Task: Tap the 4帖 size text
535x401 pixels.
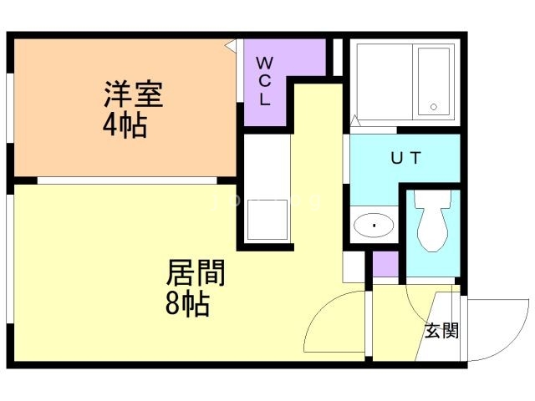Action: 126,126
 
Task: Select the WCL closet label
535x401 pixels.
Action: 263,80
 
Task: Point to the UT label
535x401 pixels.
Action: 405,157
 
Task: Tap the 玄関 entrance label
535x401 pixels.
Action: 441,331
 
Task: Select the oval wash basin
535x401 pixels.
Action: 374,225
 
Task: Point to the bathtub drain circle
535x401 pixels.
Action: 433,107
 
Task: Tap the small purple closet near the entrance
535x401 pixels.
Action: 385,262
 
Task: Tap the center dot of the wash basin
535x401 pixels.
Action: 374,225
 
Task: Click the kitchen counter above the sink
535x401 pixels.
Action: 267,167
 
